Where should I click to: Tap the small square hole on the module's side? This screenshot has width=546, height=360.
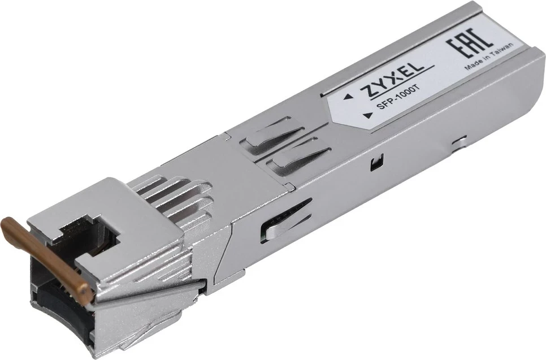tap(373, 166)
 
